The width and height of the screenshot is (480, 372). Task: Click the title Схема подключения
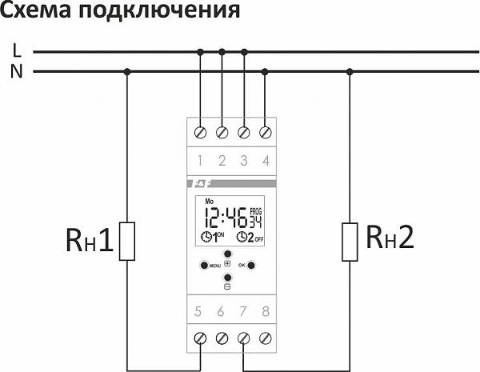pyautogui.click(x=119, y=12)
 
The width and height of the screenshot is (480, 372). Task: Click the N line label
pyautogui.click(x=17, y=71)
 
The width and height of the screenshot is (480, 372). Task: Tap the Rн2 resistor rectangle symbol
pyautogui.click(x=349, y=242)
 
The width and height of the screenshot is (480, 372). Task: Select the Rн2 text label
pyautogui.click(x=391, y=237)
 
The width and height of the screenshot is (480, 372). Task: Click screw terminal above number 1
pyautogui.click(x=199, y=131)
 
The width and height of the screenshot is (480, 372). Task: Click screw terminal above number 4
pyautogui.click(x=266, y=131)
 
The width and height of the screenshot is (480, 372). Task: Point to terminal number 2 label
pyautogui.click(x=222, y=160)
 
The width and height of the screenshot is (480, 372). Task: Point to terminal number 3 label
pyautogui.click(x=244, y=160)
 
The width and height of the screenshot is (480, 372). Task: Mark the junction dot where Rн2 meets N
pyautogui.click(x=349, y=71)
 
